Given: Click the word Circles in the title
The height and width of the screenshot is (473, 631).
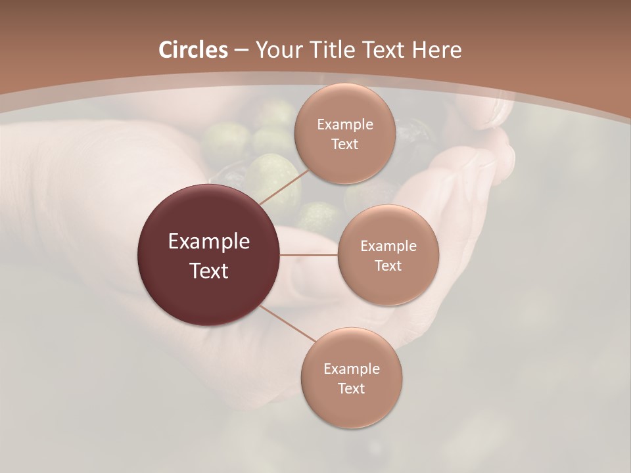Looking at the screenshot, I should [193, 50].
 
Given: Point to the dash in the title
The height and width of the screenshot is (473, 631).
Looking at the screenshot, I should [241, 51].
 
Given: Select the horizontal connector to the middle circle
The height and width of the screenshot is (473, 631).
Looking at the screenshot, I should [309, 255].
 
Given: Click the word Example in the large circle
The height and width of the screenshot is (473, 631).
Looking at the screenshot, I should [209, 241].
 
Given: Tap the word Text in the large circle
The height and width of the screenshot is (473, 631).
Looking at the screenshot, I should [209, 270].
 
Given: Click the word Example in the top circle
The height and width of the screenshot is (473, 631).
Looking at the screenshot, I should [344, 124].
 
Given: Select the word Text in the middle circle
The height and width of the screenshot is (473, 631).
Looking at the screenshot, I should [388, 265].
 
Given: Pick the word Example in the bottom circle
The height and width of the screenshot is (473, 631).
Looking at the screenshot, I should [351, 369].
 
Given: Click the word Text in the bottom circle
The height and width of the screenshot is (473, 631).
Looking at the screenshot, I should [351, 388].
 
